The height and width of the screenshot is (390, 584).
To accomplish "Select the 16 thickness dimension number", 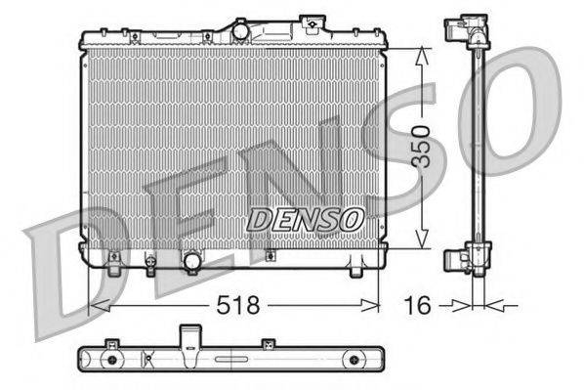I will [x=418, y=306].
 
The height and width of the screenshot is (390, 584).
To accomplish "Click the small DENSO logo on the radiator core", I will [x=305, y=220].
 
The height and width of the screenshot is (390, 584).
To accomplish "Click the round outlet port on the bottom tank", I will [x=192, y=261].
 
